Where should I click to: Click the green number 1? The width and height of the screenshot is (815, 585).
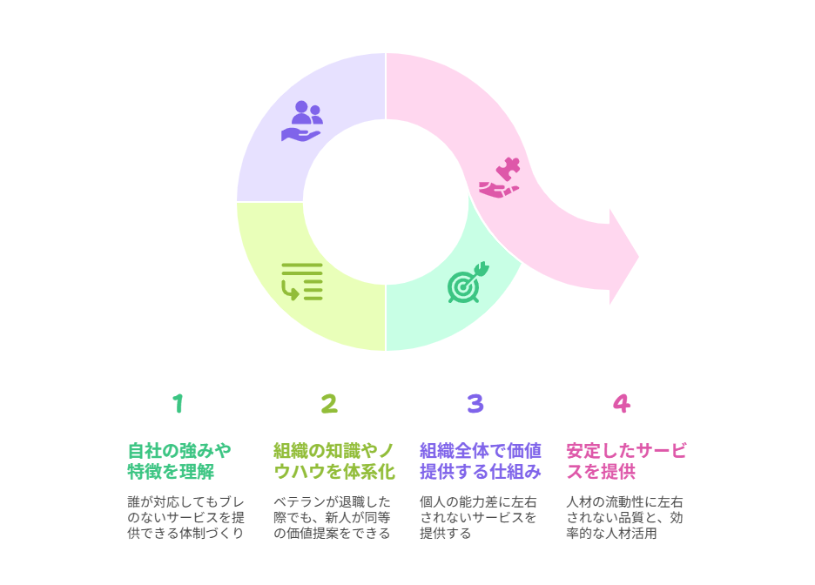tap(178, 404)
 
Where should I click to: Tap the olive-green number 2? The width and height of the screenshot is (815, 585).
tap(329, 404)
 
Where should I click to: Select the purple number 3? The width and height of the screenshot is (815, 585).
tap(475, 404)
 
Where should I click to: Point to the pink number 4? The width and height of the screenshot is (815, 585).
tap(622, 404)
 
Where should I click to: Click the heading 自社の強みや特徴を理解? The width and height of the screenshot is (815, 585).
tap(179, 461)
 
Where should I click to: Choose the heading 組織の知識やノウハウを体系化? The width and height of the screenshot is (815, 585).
tap(334, 461)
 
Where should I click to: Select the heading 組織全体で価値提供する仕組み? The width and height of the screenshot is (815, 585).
tap(481, 461)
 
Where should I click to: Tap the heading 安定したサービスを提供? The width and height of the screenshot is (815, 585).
tap(626, 461)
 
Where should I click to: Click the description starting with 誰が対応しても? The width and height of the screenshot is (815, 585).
tap(185, 517)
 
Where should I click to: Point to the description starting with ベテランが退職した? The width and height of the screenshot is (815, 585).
tap(332, 517)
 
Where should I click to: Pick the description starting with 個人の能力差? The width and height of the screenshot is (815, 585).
tap(478, 517)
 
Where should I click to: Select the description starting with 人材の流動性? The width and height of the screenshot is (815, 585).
tap(624, 517)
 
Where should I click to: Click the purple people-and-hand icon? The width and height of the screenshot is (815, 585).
tap(302, 121)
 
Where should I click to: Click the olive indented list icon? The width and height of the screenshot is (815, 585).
tap(302, 282)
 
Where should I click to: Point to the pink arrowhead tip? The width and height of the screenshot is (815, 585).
tap(638, 257)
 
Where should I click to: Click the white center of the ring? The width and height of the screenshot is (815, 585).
tap(386, 202)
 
